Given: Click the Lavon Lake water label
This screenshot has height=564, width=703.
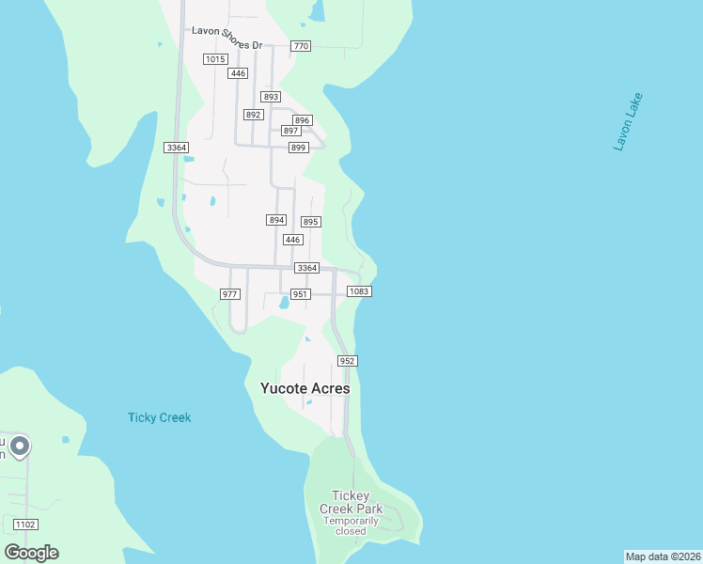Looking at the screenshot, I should (628, 122).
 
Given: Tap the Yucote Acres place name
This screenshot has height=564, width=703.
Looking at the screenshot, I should (305, 388).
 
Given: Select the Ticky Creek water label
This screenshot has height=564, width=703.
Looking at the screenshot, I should (159, 417).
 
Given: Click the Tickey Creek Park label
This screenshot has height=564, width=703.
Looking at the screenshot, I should (351, 502).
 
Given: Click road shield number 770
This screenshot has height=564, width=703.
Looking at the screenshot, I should (301, 46).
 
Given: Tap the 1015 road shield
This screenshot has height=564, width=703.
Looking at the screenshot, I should (215, 59).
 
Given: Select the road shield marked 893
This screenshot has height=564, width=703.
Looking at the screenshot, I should (272, 97).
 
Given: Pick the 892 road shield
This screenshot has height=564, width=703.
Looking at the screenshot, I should (253, 115).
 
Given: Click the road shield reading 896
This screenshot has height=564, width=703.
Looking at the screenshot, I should (302, 120).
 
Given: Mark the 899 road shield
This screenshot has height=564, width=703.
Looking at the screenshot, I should (298, 148).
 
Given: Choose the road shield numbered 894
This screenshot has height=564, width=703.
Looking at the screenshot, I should (275, 220).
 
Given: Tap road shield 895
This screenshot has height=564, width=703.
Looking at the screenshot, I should (311, 222).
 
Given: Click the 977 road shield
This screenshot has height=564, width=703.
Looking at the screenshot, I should (229, 294).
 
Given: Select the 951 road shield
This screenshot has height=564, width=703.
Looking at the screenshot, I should (301, 294).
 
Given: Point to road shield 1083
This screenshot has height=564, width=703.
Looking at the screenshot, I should (359, 291).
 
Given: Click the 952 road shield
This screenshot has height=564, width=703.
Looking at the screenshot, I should (347, 361).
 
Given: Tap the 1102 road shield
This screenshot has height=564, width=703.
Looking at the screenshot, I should (26, 525).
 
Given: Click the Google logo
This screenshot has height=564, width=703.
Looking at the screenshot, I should (31, 552).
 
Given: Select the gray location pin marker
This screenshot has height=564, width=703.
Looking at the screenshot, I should (20, 446).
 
